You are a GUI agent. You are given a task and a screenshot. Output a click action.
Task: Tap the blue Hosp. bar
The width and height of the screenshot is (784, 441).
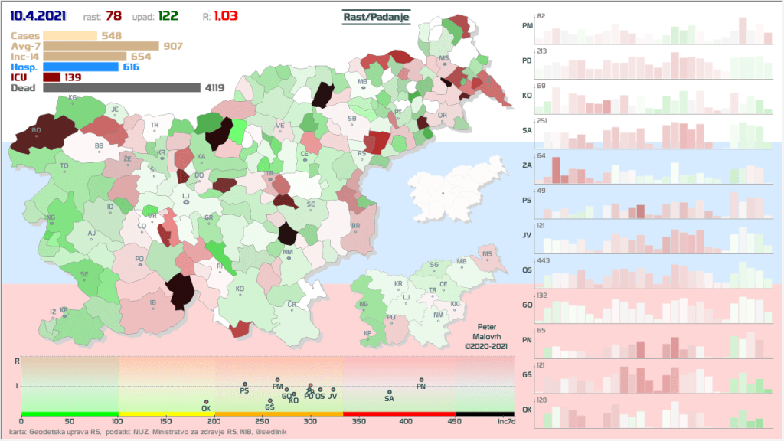point(81,67)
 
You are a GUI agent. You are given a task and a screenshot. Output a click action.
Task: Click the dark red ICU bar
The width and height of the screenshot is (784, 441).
point(52,77)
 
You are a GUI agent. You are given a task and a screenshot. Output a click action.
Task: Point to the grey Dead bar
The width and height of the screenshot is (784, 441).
point(122,88)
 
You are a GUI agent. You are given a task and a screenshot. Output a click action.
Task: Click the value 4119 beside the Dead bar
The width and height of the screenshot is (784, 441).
point(214,88)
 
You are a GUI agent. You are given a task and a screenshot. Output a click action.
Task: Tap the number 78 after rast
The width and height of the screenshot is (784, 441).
point(113,17)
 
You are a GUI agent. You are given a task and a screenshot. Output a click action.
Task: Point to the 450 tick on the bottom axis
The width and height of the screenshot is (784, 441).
point(456,421)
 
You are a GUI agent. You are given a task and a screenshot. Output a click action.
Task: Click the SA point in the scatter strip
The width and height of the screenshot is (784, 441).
point(389,393)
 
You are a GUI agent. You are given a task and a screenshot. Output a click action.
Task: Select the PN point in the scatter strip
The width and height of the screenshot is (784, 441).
point(421,381)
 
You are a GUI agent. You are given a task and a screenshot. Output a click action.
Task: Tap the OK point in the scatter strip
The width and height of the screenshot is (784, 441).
point(206,402)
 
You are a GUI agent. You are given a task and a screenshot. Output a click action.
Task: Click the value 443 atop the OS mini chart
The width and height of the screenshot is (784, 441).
point(545,260)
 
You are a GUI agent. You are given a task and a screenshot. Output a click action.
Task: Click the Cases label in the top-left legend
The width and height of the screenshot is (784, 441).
point(25,35)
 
